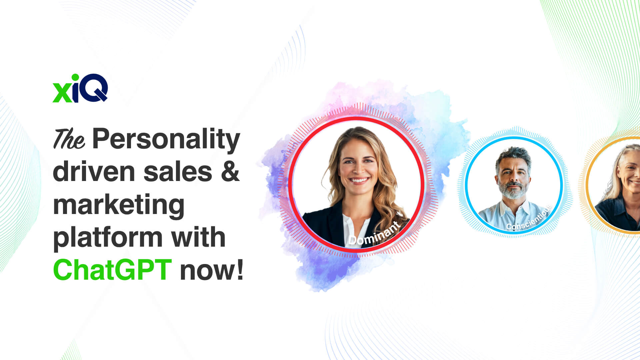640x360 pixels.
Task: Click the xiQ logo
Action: click(x=80, y=88)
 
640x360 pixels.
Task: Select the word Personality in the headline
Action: click(x=166, y=139)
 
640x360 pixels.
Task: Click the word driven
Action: click(x=94, y=172)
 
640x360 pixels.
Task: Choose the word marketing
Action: click(x=119, y=205)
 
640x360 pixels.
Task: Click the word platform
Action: click(x=108, y=238)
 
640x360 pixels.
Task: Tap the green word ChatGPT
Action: click(x=112, y=270)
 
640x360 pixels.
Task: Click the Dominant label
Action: click(x=374, y=234)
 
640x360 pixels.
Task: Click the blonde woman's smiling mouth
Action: click(x=359, y=180)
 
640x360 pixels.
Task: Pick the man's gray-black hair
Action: click(x=514, y=155)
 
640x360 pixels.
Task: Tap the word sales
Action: click(x=178, y=172)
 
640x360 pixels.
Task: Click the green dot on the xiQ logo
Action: click(x=75, y=78)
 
